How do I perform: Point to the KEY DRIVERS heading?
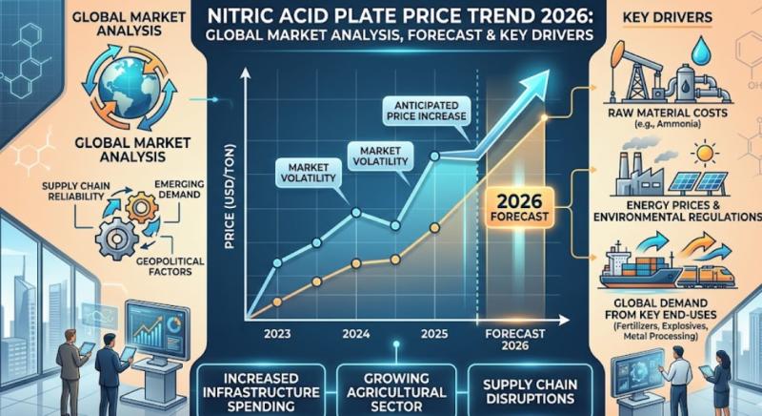click(x=681, y=19)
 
